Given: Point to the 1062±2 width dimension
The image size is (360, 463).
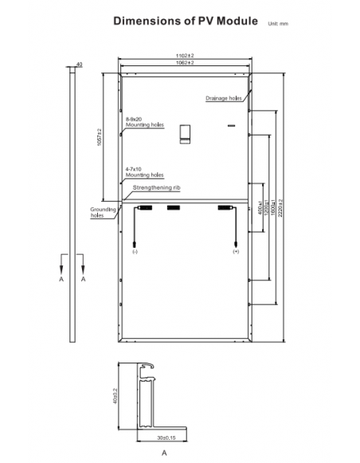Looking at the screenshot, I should [x=185, y=63].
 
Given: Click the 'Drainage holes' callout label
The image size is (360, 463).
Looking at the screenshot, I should [x=223, y=98].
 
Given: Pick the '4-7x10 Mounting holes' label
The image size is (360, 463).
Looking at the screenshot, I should [x=143, y=172].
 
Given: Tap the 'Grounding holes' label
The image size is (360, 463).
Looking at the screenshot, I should [x=98, y=213].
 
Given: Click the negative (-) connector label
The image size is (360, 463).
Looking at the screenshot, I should [x=135, y=251].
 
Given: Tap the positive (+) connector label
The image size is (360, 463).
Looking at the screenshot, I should [x=236, y=251].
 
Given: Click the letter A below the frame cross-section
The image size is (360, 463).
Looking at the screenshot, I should [x=162, y=452].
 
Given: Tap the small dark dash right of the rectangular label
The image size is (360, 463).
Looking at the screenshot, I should [x=230, y=126].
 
